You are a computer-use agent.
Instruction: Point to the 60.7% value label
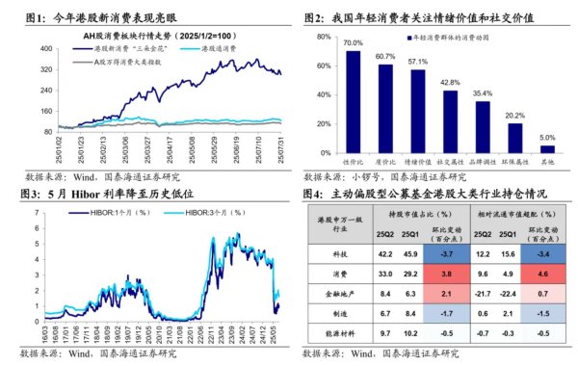pos(385,56)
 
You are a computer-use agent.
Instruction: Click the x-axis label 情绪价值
pos(418,163)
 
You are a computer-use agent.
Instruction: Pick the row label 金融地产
pos(335,293)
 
